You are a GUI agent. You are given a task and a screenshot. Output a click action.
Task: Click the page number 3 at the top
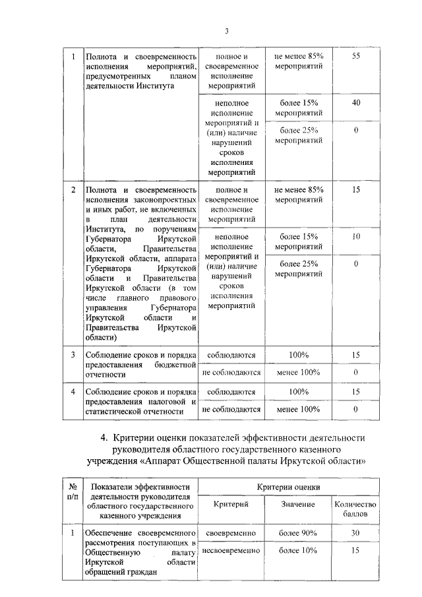226,31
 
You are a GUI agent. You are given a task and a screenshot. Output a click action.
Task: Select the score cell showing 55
355,57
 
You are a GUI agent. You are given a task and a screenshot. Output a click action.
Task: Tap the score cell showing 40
355,103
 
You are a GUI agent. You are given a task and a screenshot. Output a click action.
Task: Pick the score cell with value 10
355,236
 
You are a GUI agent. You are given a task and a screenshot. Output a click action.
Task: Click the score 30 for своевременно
355,533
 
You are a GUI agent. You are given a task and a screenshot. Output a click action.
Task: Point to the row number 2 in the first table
73,190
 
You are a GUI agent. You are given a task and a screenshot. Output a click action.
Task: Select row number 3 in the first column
73,355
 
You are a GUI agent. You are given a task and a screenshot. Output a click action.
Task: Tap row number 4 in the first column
73,392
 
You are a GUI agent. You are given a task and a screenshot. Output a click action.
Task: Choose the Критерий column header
231,504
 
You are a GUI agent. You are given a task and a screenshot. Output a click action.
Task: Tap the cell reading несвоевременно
231,550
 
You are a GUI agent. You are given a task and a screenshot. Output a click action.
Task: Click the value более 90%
298,533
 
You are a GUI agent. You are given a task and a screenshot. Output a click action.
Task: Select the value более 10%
298,550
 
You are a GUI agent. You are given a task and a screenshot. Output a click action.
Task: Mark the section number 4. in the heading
104,437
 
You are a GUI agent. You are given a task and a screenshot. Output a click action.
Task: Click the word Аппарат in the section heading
186,460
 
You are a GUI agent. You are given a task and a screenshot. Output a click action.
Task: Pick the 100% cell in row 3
298,355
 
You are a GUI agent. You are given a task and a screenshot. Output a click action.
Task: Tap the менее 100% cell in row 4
298,409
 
